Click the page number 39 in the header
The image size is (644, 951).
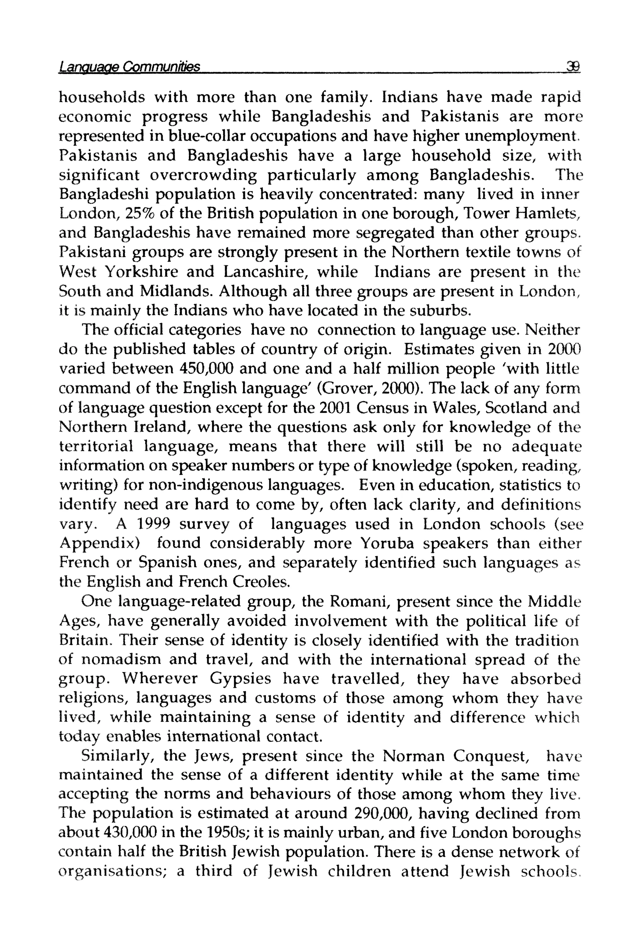[572, 66]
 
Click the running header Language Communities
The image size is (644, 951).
[130, 66]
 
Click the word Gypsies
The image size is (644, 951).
[241, 679]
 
